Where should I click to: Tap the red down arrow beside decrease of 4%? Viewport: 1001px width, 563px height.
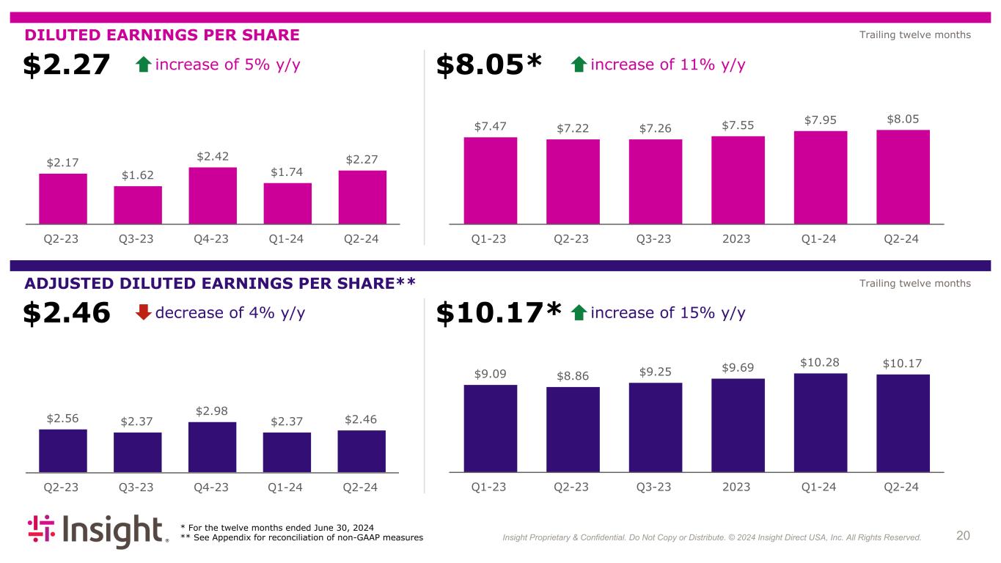144,313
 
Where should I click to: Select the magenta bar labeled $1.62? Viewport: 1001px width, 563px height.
138,205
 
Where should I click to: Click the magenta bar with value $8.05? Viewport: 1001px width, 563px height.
903,177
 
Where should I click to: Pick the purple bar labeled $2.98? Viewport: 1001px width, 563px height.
212,446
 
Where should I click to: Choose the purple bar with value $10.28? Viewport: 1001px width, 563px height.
820,422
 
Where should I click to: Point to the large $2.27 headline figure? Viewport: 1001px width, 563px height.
66,65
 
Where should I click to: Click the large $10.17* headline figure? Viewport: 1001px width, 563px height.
499,314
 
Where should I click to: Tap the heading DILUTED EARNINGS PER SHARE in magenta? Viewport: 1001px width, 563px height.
162,35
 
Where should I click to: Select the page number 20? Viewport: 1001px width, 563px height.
963,536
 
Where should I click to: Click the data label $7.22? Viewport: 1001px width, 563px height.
573,128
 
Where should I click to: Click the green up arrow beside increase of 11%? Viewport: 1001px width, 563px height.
578,65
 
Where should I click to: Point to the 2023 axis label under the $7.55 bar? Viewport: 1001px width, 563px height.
737,239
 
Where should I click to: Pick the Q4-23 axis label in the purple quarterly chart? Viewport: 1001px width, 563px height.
212,487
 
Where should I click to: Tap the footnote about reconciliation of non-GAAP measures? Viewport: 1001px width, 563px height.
301,538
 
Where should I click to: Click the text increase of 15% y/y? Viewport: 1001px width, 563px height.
667,313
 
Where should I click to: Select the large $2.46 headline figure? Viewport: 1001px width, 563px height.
66,314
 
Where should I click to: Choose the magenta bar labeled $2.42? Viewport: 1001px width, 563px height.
213,195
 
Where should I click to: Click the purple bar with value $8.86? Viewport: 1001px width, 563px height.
573,429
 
